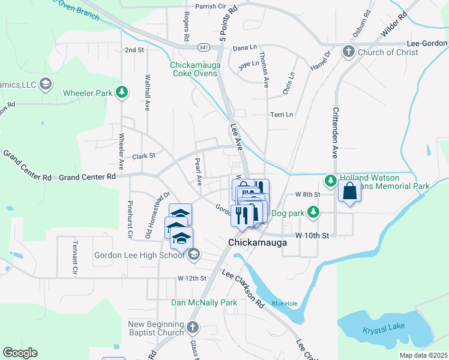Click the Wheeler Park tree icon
pyautogui.click(x=122, y=92)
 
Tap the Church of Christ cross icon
pyautogui.click(x=348, y=52)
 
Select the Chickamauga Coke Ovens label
pyautogui.click(x=196, y=69)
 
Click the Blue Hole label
pyautogui.click(x=284, y=304)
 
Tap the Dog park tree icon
pyautogui.click(x=313, y=212)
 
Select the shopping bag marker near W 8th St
pyautogui.click(x=349, y=193)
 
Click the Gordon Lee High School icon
pyautogui.click(x=193, y=256)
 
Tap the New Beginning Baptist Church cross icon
pyautogui.click(x=192, y=328)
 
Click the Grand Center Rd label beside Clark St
pyautogui.click(x=86, y=177)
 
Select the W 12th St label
pyautogui.click(x=191, y=278)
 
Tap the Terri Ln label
pyautogui.click(x=281, y=115)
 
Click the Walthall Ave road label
pyautogui.click(x=146, y=94)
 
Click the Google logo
pyautogui.click(x=20, y=353)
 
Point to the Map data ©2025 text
pyautogui.click(x=423, y=355)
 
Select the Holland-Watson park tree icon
pyautogui.click(x=330, y=180)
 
